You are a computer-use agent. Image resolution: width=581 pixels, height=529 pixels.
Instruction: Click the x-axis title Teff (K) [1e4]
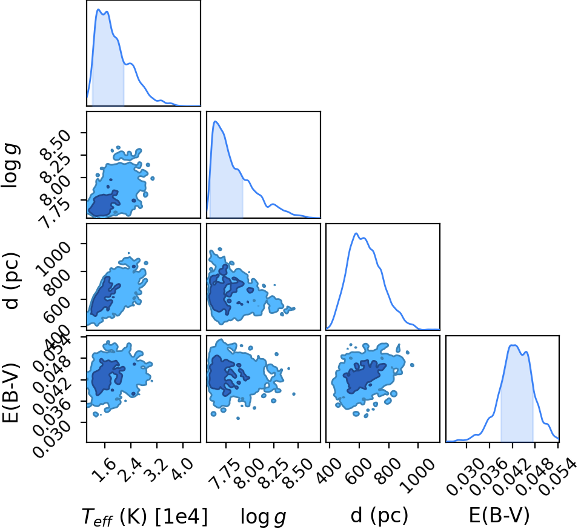point(144,516)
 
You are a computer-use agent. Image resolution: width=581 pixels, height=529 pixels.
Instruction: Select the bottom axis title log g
point(264,517)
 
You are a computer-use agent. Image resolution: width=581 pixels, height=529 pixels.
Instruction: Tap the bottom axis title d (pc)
point(379,516)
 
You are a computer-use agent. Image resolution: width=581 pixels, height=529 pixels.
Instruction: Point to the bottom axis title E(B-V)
point(499,516)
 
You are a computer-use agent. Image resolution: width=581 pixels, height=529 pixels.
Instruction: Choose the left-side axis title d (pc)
point(10,281)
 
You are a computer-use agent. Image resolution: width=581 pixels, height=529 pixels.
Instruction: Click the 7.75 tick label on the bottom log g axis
point(220,473)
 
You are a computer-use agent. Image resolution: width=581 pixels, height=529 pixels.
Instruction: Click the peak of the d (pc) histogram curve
point(356,233)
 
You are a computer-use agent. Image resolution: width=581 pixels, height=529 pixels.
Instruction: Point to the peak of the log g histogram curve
point(215,121)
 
